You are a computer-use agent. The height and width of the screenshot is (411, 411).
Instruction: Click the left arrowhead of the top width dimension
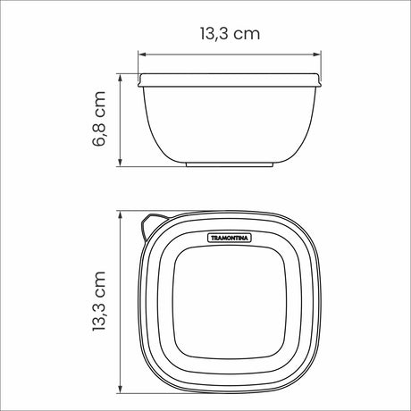pos(141,52)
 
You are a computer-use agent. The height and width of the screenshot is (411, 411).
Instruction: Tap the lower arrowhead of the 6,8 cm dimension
pos(122,164)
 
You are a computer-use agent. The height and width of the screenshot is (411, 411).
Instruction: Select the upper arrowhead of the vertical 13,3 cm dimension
pos(122,214)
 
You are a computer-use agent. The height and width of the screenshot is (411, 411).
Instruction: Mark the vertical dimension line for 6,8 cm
pos(122,121)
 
